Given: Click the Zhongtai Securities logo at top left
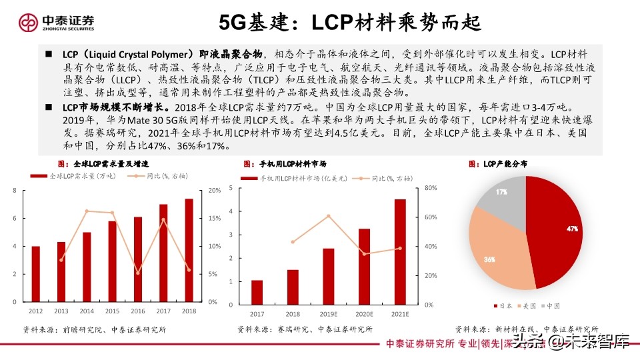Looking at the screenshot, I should [x=57, y=22].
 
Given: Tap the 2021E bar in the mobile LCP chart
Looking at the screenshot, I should [x=400, y=250].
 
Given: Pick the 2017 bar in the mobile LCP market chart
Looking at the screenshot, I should [x=257, y=291].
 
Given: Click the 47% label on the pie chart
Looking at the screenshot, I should [x=571, y=229].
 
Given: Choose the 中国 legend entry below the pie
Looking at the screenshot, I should [x=551, y=306].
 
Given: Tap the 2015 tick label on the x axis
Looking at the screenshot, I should [x=112, y=311].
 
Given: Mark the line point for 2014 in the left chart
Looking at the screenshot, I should [x=87, y=211].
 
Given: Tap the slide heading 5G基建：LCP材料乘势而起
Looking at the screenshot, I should [x=351, y=22].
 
